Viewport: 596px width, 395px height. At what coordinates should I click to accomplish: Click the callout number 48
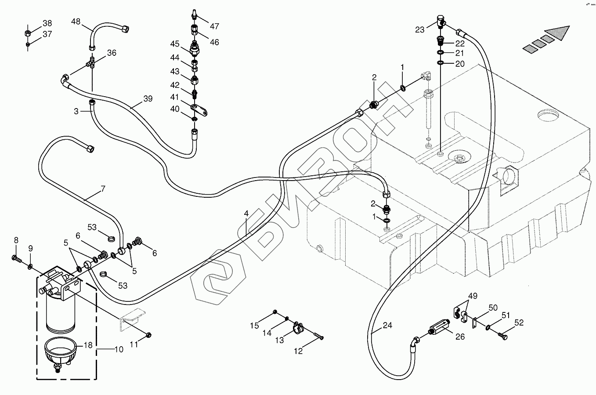coord(76,21)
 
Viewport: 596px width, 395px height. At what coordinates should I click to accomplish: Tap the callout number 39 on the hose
coord(148,98)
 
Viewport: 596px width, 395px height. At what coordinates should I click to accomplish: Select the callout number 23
coord(420,30)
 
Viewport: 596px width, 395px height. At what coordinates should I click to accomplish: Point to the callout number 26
coord(460,337)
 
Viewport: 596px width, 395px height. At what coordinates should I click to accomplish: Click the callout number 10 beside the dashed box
coord(119,349)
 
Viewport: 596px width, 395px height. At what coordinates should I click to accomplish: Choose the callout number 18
coord(88,345)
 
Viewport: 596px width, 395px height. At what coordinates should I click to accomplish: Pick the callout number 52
coord(519,323)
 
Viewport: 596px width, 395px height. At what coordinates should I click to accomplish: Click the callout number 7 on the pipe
coord(103,189)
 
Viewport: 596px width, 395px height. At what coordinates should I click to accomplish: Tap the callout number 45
coord(175,43)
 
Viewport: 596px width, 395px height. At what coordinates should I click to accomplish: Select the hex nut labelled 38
coord(27,33)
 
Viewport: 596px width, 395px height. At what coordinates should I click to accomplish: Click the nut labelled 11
coord(149,334)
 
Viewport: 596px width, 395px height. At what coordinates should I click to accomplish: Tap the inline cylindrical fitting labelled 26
coord(439,326)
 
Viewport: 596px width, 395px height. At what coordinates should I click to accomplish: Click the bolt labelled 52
coord(502,336)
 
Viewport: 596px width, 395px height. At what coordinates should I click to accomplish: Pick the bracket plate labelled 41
coord(199,110)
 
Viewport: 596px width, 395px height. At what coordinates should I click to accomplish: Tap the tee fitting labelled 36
coord(90,62)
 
